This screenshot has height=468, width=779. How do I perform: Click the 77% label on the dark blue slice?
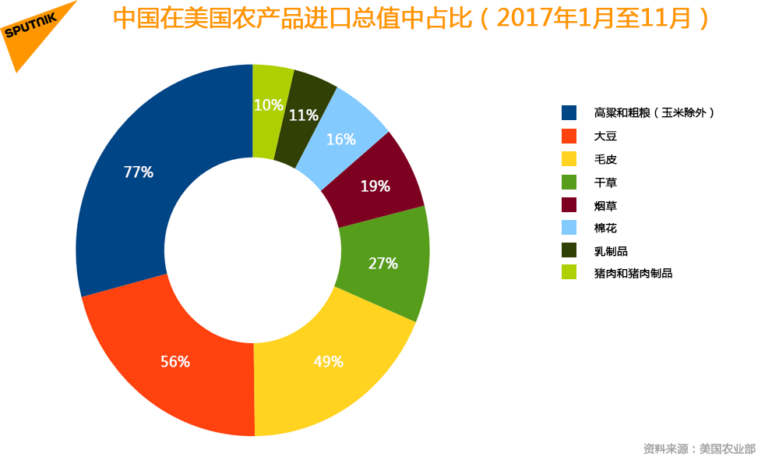click(138, 172)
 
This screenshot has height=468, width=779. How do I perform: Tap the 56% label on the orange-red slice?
click(175, 361)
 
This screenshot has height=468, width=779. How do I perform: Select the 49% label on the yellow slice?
click(328, 361)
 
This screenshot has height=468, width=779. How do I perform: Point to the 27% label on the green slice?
click(382, 264)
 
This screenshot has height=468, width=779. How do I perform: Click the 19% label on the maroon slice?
click(375, 186)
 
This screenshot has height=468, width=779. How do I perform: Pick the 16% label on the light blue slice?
click(341, 140)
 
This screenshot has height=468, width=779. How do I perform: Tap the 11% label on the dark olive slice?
click(303, 115)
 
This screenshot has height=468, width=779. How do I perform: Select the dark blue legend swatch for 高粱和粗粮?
click(569, 112)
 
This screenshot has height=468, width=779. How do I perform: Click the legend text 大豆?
click(605, 136)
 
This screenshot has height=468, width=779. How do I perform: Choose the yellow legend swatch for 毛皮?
click(569, 158)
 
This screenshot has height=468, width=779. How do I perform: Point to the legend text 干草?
click(605, 182)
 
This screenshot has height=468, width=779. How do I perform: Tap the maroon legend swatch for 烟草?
click(569, 204)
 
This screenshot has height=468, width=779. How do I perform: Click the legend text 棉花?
click(605, 228)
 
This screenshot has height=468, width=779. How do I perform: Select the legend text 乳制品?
click(611, 250)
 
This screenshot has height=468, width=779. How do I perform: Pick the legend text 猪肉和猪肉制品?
click(633, 273)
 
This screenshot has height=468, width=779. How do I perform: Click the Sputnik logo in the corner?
click(35, 31)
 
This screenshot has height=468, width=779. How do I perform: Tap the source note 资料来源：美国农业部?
click(699, 448)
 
